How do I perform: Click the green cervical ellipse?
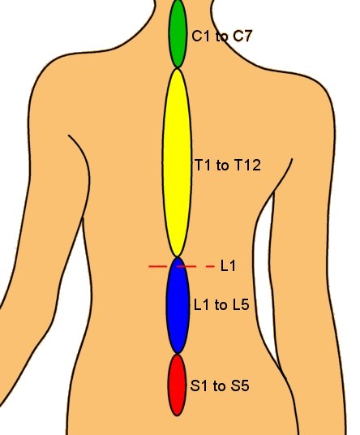pos(178,33)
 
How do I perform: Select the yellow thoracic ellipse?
pos(177,162)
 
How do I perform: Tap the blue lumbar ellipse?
pos(178,306)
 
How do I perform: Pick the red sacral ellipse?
pos(177,385)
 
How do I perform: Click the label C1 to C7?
pos(221,37)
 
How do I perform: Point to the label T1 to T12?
pos(228,165)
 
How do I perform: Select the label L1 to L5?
pos(221,304)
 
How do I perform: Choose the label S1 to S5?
pos(220,385)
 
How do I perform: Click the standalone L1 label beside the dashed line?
pos(228,265)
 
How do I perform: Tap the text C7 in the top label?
pos(242,37)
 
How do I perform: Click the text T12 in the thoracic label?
pos(248,165)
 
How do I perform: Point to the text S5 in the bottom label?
pos(240,385)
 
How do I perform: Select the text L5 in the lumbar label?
pos(241,304)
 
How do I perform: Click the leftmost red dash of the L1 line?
pos(158,267)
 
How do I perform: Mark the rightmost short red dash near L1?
pos(210,267)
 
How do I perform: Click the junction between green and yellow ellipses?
pos(178,68)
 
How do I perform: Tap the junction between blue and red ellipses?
pos(178,355)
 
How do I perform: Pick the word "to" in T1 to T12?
pos(222,166)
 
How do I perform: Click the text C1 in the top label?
pos(200,37)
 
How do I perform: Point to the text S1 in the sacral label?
pos(199,385)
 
